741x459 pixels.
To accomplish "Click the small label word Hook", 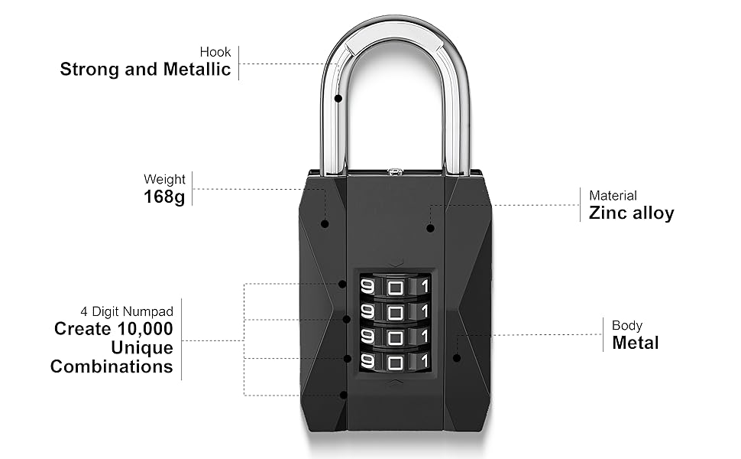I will (x=215, y=52).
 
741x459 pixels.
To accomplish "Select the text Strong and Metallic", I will (x=145, y=70).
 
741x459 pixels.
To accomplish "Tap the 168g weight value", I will (x=164, y=197).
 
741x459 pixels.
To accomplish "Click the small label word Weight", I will (x=164, y=180).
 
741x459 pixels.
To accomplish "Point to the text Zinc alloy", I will (x=631, y=213).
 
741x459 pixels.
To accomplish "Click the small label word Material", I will (x=613, y=196).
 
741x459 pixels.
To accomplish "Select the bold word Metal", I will (x=635, y=342).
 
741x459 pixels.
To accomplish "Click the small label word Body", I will (x=627, y=325).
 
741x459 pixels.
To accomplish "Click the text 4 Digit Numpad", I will (x=127, y=311).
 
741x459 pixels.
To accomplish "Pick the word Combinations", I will (x=112, y=366).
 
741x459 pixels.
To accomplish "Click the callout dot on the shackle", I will (x=338, y=99).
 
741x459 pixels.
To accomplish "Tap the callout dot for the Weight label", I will (x=325, y=224).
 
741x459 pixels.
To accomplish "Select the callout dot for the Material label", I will (x=430, y=228).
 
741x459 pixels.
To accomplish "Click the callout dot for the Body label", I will (x=456, y=357).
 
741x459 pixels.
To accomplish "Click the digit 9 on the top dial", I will (x=367, y=287).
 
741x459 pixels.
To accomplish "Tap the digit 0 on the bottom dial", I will (x=395, y=360).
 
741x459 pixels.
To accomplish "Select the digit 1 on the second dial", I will (x=424, y=311).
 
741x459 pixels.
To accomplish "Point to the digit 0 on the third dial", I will (x=395, y=336).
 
